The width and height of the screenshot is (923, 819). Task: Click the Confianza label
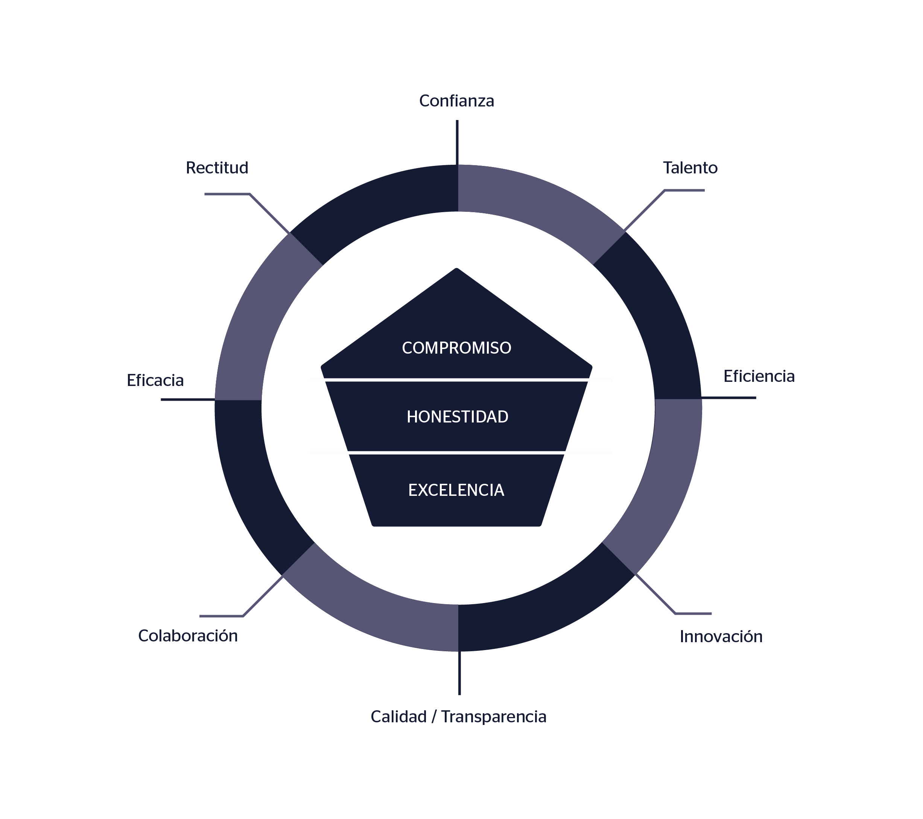point(456,101)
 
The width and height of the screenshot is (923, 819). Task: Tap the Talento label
point(690,168)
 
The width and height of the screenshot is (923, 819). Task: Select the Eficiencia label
point(759,377)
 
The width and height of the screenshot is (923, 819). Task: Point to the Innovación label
point(721,637)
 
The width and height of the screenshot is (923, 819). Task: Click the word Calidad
point(398,717)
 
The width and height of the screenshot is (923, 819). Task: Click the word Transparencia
point(494,717)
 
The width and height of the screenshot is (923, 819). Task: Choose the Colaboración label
point(188,636)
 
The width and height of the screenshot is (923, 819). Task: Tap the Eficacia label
point(155,381)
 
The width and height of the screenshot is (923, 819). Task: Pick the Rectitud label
point(217,168)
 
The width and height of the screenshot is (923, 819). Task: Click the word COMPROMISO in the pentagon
point(456,348)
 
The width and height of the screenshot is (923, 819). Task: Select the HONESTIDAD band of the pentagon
point(457,417)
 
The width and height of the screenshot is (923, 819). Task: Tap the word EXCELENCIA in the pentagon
point(456,490)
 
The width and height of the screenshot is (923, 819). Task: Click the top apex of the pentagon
point(456,270)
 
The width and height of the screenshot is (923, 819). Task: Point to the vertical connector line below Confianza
point(457,142)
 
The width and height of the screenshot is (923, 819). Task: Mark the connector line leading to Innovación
point(655,594)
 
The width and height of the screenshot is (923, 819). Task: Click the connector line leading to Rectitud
point(269,214)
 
